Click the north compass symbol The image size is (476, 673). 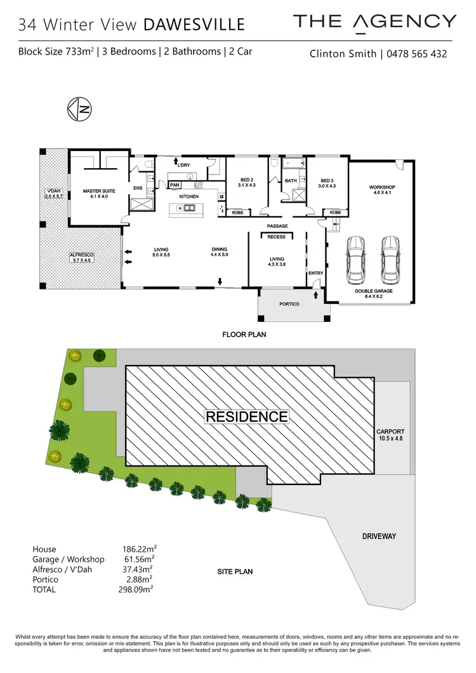81,110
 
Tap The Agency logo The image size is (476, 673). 374,22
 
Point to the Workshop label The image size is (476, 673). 382,190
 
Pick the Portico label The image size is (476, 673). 289,304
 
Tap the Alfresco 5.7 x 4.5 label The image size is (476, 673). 81,257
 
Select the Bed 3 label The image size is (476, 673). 327,182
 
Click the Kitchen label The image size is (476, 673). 188,197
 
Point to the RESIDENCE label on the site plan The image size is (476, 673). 246,416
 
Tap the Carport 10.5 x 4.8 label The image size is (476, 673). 390,435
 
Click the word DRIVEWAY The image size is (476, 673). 379,536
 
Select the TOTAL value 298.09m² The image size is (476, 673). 140,589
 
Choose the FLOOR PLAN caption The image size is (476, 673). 244,334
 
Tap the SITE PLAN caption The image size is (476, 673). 235,571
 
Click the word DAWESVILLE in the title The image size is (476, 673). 194,25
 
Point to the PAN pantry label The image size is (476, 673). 175,185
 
